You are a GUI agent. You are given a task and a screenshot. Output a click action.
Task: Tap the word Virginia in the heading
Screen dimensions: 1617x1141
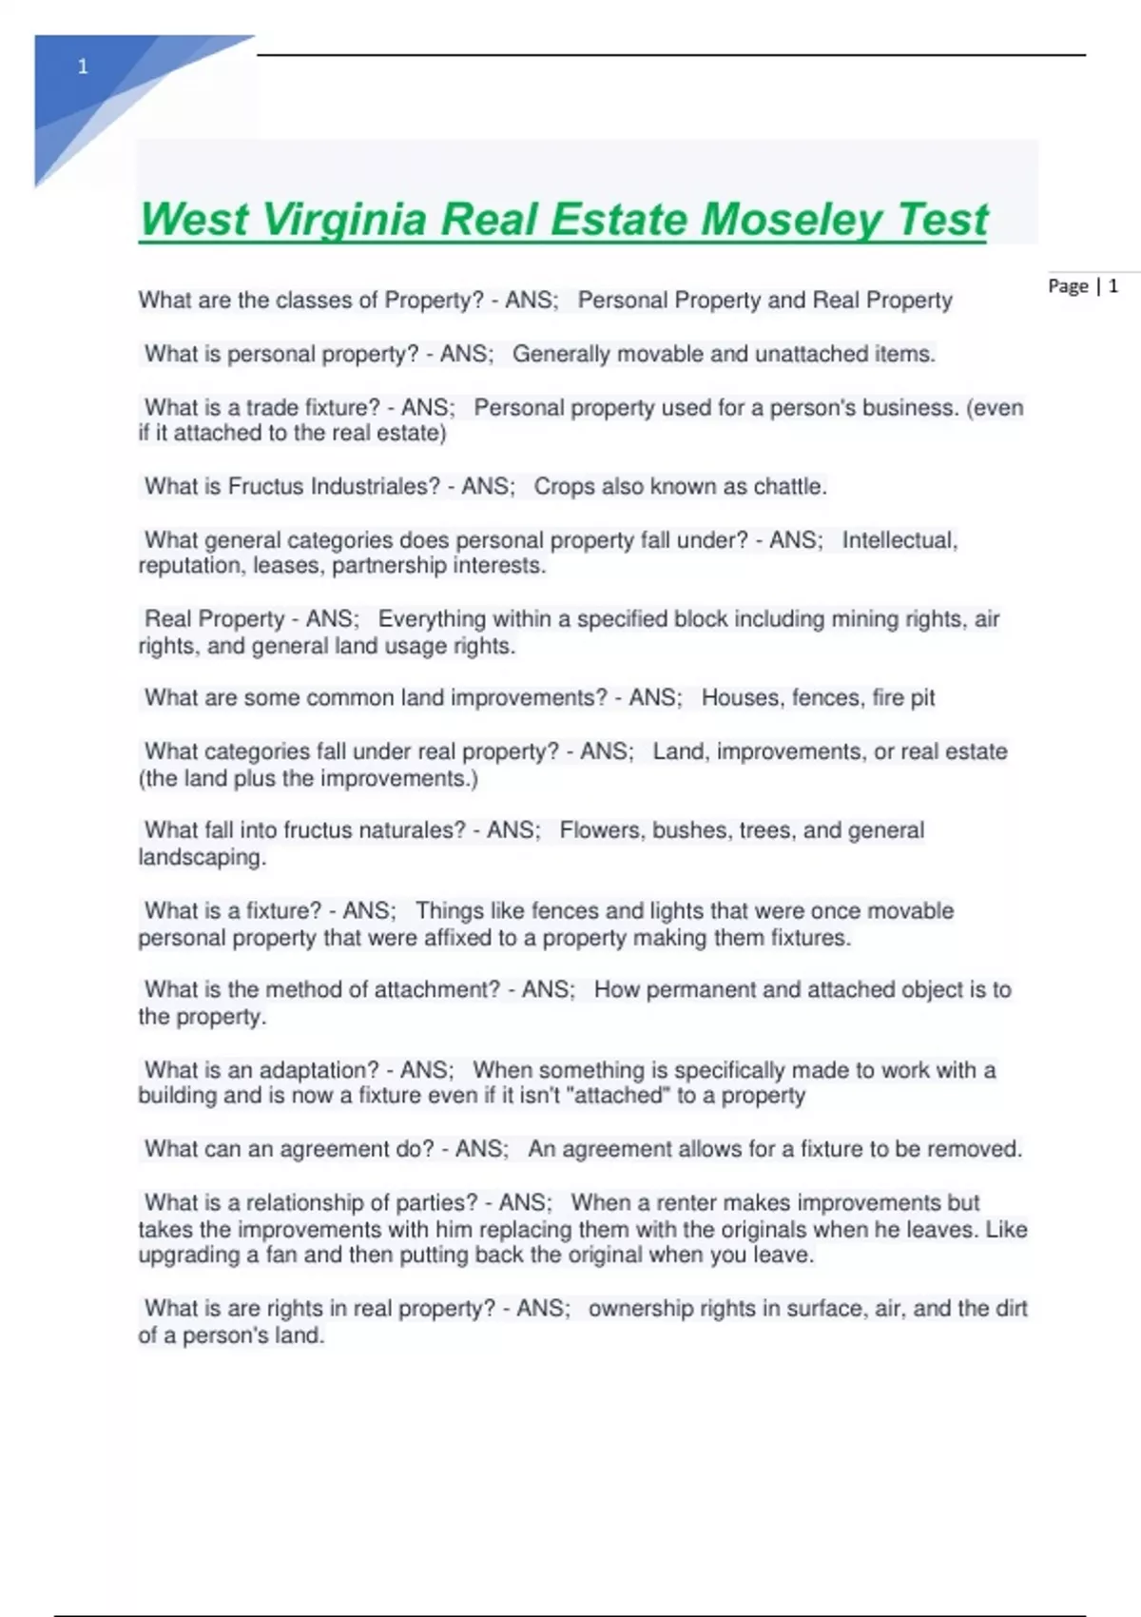point(343,220)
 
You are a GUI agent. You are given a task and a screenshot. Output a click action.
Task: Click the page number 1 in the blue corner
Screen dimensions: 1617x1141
point(83,67)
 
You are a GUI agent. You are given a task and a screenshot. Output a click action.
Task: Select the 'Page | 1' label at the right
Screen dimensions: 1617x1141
point(1083,286)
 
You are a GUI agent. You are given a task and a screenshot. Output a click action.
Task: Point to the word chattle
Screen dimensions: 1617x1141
point(789,487)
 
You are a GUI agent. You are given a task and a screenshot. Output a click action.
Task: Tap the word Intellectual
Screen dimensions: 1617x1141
point(899,540)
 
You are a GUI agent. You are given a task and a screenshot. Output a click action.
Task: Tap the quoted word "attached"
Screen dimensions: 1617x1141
point(618,1096)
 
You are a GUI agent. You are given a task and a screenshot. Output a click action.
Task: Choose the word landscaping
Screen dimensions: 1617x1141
point(202,857)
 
